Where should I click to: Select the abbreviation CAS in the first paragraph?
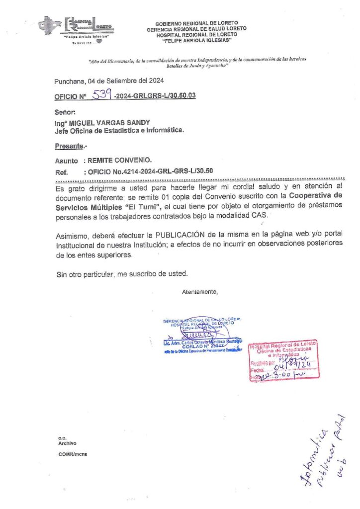[259, 216]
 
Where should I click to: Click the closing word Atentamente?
[200, 292]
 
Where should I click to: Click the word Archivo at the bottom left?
[67, 443]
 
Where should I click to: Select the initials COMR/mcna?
[73, 454]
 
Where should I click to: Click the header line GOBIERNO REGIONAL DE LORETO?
[196, 23]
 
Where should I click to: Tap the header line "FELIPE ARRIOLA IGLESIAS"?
[196, 41]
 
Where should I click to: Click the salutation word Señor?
[65, 113]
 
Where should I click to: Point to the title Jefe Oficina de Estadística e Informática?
[119, 131]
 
